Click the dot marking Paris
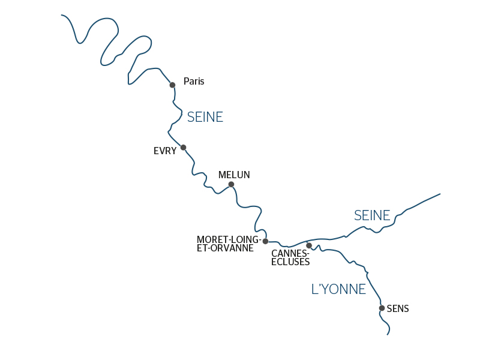[x=172, y=85]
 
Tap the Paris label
[x=194, y=82]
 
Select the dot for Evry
[x=184, y=148]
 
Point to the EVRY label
[x=165, y=151]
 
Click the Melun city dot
[x=231, y=185]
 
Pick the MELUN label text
[x=234, y=175]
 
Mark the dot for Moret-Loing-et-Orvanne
[x=265, y=241]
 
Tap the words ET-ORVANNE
[x=225, y=248]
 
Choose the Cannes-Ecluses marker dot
[x=309, y=245]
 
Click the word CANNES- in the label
[x=290, y=254]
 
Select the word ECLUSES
[x=290, y=262]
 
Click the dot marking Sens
[x=382, y=308]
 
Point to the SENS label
[x=398, y=309]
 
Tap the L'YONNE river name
[x=338, y=289]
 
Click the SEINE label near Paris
[x=205, y=118]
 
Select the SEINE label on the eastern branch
[x=372, y=215]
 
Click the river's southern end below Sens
[x=388, y=334]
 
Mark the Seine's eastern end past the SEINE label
[x=440, y=194]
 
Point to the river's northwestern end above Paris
[x=62, y=16]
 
